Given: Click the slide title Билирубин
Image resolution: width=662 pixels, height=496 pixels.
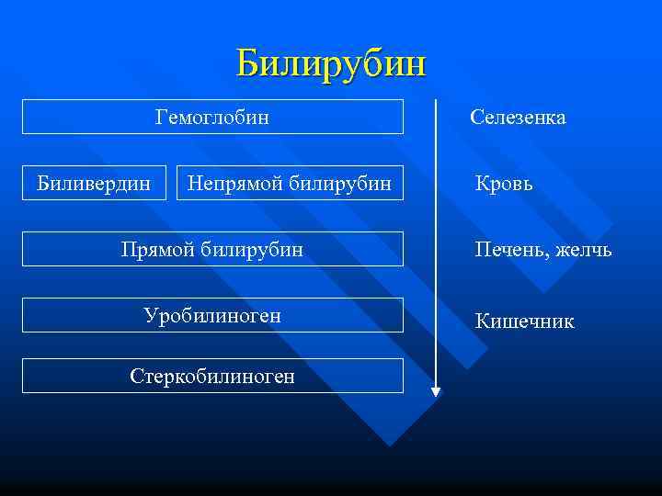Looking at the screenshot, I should click(x=331, y=64).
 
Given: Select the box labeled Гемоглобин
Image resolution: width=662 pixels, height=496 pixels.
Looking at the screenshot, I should click(x=212, y=117).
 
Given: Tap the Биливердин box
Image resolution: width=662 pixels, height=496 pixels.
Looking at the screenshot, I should click(x=94, y=183).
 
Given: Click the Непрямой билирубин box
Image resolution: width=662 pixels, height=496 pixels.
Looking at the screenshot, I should click(x=289, y=183).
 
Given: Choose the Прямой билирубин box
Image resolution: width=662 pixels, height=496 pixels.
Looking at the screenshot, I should click(x=212, y=249).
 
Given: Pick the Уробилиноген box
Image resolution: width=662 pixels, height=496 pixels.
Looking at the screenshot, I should click(x=212, y=315).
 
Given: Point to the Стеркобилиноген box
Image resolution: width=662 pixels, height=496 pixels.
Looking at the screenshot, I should click(x=212, y=376).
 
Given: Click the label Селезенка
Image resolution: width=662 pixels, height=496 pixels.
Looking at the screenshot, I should click(x=518, y=118).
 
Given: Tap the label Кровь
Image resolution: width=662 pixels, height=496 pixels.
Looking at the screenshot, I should click(x=504, y=184).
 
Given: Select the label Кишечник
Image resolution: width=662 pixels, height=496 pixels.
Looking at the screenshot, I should click(x=524, y=321).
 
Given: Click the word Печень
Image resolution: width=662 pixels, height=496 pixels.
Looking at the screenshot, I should click(x=507, y=250).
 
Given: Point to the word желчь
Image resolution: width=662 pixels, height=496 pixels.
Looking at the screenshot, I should click(x=583, y=250).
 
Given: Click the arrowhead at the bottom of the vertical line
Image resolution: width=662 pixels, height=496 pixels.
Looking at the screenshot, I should click(x=436, y=391).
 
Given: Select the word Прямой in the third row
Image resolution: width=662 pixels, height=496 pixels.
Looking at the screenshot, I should click(x=155, y=249).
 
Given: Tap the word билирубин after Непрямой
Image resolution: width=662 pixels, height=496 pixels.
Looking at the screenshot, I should click(x=339, y=183).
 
